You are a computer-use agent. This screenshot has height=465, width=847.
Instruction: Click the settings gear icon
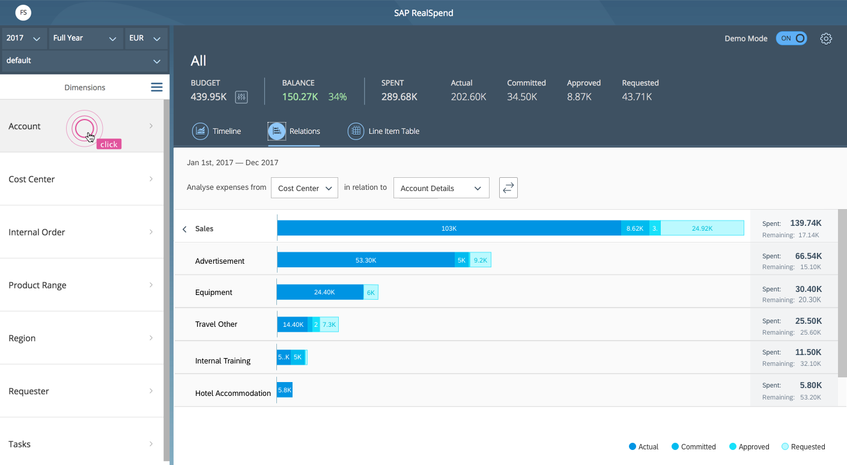(826, 38)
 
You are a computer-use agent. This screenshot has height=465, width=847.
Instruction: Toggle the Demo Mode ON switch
(791, 38)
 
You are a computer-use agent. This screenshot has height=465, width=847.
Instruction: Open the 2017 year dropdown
(23, 38)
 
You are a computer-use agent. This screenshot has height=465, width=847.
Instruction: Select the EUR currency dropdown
(145, 38)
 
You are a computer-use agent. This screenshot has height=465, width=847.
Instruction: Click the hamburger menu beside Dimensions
(157, 87)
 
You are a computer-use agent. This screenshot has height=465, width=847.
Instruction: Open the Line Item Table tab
(383, 131)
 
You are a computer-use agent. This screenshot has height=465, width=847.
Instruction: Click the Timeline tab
(216, 131)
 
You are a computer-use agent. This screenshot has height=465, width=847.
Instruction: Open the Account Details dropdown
(442, 188)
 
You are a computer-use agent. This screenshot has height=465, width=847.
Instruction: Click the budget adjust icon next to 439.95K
(241, 97)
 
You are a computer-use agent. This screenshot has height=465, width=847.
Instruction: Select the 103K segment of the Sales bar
(449, 228)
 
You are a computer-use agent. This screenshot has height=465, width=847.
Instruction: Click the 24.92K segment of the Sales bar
(702, 228)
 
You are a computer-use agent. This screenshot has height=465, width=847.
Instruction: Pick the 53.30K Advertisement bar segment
(366, 260)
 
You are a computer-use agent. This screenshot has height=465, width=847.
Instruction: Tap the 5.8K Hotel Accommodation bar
(285, 390)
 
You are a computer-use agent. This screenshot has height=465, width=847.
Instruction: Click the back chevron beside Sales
(184, 229)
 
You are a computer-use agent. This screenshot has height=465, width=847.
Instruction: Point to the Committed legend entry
(693, 446)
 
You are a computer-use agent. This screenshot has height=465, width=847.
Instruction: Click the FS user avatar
(23, 13)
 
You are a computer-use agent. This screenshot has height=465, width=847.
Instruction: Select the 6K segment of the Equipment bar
(371, 292)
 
